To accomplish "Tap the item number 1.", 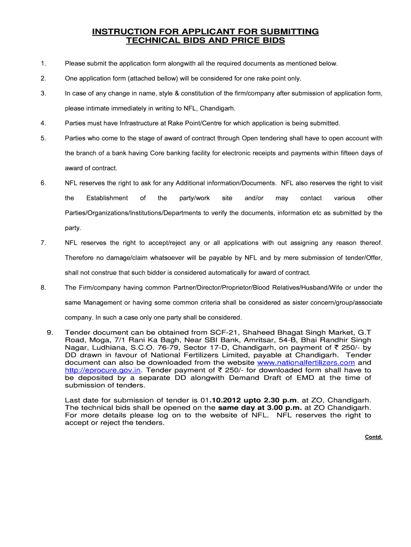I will point(43,64).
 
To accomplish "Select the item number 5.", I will point(43,138).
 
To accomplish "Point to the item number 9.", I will point(50,332).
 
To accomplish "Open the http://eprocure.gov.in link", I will point(103,370).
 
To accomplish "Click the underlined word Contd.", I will point(374,436).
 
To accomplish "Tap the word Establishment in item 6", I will point(107,198).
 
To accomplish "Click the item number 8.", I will point(43,287).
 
